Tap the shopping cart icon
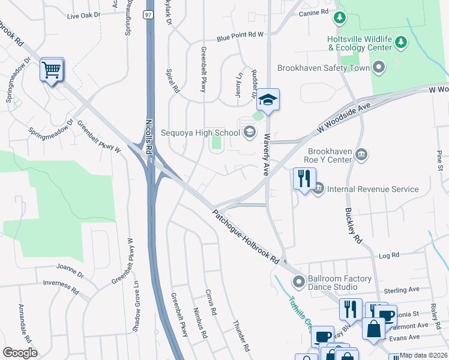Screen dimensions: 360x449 coord(52,71)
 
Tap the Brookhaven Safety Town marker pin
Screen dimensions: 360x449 coord(378,67)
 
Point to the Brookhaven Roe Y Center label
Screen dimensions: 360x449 coord(330,156)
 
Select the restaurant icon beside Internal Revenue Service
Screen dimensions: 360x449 coord(304,179)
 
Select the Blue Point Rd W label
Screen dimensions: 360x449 coord(240,35)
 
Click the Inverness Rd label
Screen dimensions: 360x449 coord(61,285)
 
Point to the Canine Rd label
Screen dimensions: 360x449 coord(316,11)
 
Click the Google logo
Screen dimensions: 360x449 coord(20,353)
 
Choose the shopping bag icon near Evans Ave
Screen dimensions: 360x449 coord(373,329)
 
